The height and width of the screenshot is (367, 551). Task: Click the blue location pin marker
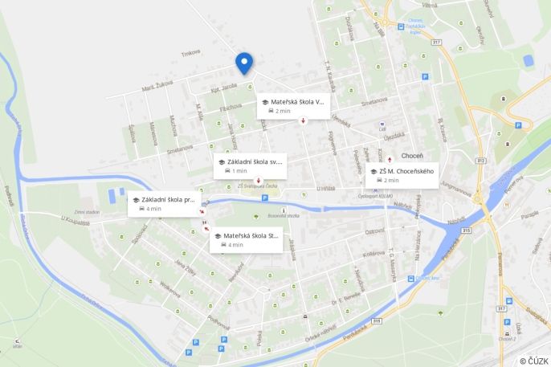[x=244, y=63]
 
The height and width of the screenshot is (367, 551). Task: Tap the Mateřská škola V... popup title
[x=297, y=102]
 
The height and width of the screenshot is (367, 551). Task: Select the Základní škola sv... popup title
[x=255, y=161]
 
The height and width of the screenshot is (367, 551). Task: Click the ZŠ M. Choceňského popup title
[x=406, y=171]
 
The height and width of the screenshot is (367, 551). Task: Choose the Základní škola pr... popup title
[x=168, y=199]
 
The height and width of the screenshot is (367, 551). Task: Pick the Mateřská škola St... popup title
[x=251, y=236]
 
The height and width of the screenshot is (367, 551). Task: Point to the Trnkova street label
[x=190, y=54]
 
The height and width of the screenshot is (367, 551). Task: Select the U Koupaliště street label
[x=76, y=219]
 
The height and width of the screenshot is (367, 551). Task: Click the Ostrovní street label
[x=374, y=231]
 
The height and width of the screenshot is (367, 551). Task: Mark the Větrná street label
[x=430, y=6]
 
